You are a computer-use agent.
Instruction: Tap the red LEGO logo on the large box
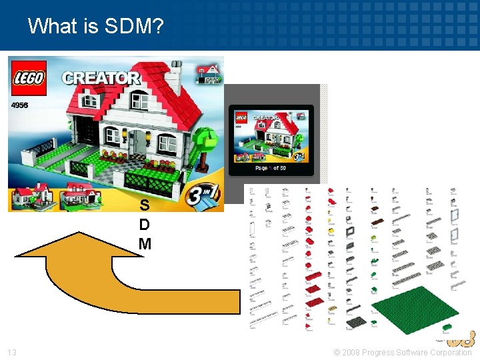[x=28, y=77]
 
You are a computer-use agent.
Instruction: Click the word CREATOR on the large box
[x=101, y=77]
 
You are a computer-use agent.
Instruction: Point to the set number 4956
[x=20, y=105]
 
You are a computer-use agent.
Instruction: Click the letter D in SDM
[x=144, y=224]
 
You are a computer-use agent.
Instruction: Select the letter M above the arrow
[x=145, y=244]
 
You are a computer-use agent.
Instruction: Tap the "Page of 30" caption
[x=271, y=167]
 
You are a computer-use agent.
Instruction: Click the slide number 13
[x=12, y=352]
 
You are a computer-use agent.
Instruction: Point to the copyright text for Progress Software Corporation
[x=403, y=352]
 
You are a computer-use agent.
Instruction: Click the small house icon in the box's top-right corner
[x=210, y=73]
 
